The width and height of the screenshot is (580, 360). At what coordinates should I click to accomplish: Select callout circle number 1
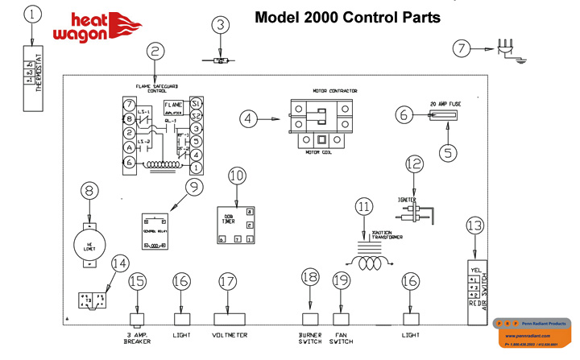pyautogui.click(x=32, y=14)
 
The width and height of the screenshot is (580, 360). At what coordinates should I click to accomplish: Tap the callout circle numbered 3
pyautogui.click(x=221, y=25)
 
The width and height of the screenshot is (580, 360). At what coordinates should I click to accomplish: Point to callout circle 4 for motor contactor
pyautogui.click(x=250, y=119)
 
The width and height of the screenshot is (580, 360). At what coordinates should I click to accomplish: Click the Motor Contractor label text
pyautogui.click(x=334, y=91)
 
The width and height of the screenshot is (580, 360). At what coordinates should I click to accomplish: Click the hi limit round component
pyautogui.click(x=89, y=239)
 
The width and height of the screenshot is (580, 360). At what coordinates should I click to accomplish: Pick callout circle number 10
pyautogui.click(x=236, y=175)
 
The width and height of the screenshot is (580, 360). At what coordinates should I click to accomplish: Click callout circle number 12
pyautogui.click(x=414, y=163)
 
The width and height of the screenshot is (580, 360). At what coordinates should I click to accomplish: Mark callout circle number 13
pyautogui.click(x=476, y=226)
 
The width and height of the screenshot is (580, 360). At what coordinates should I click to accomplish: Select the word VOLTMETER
pyautogui.click(x=230, y=335)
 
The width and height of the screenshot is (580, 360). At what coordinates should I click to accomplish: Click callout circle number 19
pyautogui.click(x=342, y=280)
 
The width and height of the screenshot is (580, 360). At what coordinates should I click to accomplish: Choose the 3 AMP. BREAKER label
pyautogui.click(x=137, y=338)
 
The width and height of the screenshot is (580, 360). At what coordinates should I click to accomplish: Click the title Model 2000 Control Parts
pyautogui.click(x=347, y=17)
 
